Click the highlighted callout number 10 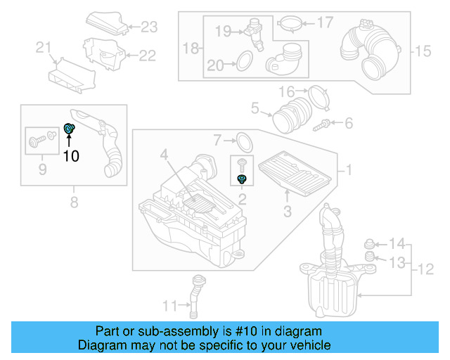(71, 155)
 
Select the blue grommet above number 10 (70, 128)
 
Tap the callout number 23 (148, 27)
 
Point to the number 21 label (44, 48)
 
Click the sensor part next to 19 (253, 36)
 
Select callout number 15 (422, 51)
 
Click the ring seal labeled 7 (243, 141)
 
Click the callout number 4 (163, 153)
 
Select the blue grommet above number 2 (241, 180)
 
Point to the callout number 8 (74, 204)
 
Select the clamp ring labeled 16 (319, 97)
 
